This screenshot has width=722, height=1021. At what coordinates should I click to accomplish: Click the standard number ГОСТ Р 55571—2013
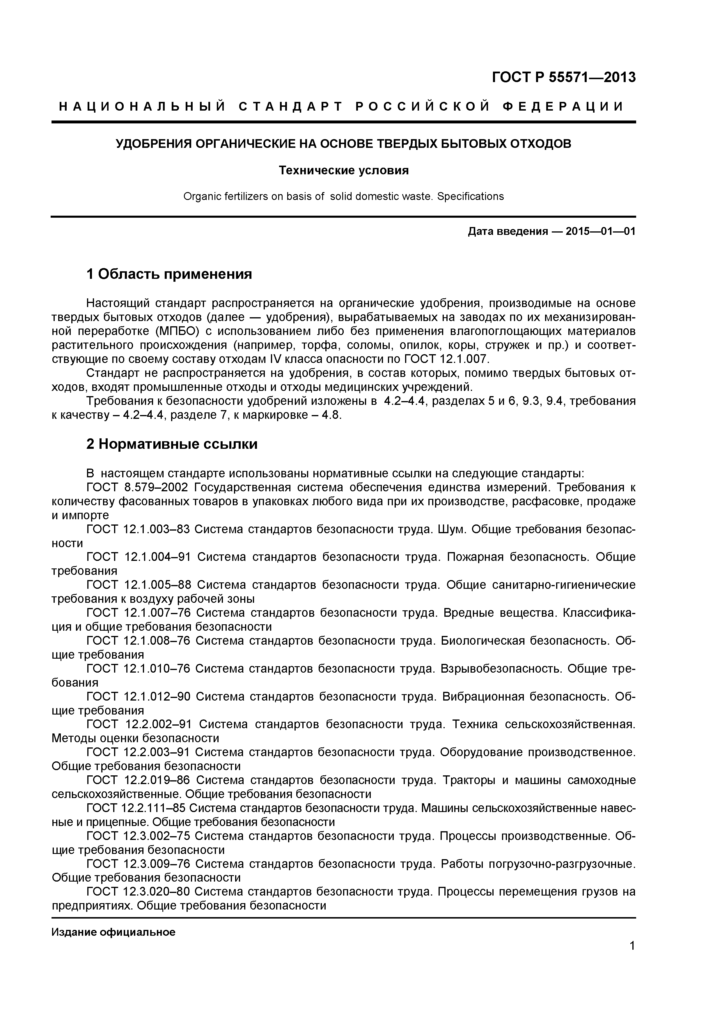click(564, 77)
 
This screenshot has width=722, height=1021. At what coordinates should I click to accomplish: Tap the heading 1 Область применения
click(169, 274)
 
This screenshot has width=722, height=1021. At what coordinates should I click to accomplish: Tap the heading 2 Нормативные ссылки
click(172, 444)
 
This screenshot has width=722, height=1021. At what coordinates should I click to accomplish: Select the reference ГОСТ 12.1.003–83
click(138, 529)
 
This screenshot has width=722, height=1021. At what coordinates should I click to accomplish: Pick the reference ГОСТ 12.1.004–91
click(138, 557)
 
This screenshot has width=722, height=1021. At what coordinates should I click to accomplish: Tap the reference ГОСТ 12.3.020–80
click(138, 891)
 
